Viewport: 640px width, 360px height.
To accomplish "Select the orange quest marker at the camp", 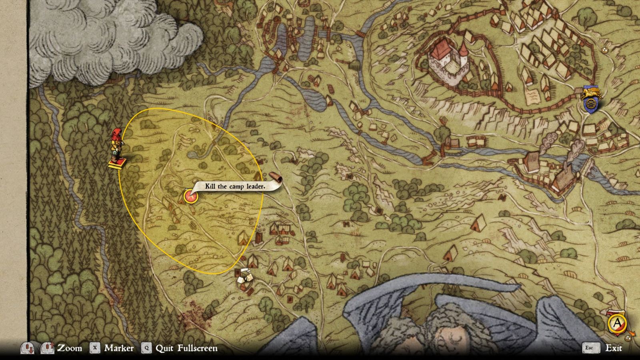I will coord(190,196).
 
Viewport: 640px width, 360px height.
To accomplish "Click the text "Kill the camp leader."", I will coord(235,186).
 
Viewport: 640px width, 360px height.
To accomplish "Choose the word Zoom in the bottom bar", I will coord(70,348).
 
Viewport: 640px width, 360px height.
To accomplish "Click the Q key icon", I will coord(147,348).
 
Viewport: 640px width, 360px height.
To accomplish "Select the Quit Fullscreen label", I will coord(186,348).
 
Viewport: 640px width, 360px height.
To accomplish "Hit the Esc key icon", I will coord(589,348).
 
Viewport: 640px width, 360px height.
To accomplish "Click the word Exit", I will coord(614,348).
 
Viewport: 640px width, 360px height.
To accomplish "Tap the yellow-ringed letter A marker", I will coord(617,323).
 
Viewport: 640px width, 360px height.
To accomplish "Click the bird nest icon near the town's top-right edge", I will coord(604,50).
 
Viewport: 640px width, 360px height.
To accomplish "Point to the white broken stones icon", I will coord(244,276).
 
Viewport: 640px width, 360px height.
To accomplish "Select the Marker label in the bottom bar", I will coord(119,348).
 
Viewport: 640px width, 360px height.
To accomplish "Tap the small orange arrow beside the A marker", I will coord(632,333).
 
